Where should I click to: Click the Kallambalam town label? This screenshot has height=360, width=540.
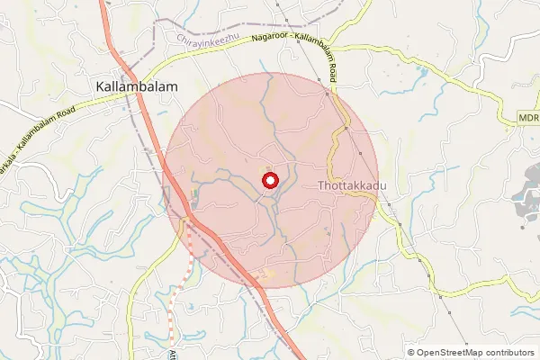pos(136,86)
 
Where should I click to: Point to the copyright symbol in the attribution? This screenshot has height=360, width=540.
pos(410,352)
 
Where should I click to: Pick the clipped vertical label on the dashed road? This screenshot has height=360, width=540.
pos(172,353)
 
